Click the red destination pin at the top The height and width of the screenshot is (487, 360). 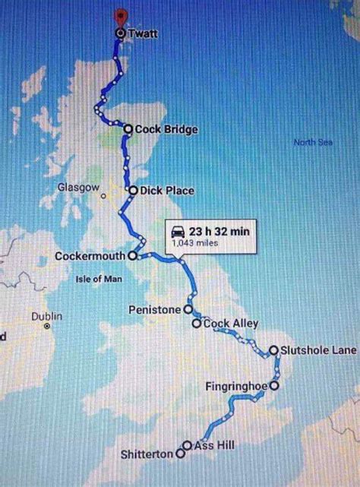click(119, 17)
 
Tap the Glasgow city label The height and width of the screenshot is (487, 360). click(78, 187)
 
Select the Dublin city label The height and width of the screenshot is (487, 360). click(46, 315)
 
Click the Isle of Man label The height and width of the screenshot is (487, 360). click(99, 279)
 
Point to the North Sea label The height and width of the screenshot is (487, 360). click(313, 142)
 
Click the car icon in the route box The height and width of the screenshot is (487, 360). click(177, 231)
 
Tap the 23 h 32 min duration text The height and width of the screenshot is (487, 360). click(219, 231)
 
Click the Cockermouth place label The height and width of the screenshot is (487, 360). click(90, 256)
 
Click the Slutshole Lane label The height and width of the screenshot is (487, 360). click(317, 350)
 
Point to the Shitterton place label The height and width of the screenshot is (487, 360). click(147, 454)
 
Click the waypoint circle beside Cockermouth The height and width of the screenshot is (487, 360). click(132, 256)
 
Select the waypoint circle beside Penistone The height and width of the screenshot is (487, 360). click(187, 310)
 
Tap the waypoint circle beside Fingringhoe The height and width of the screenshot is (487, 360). click(273, 385)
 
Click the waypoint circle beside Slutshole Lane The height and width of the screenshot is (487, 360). click(273, 350)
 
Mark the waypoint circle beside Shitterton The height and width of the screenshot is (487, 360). click(180, 454)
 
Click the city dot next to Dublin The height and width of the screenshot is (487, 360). click(47, 327)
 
